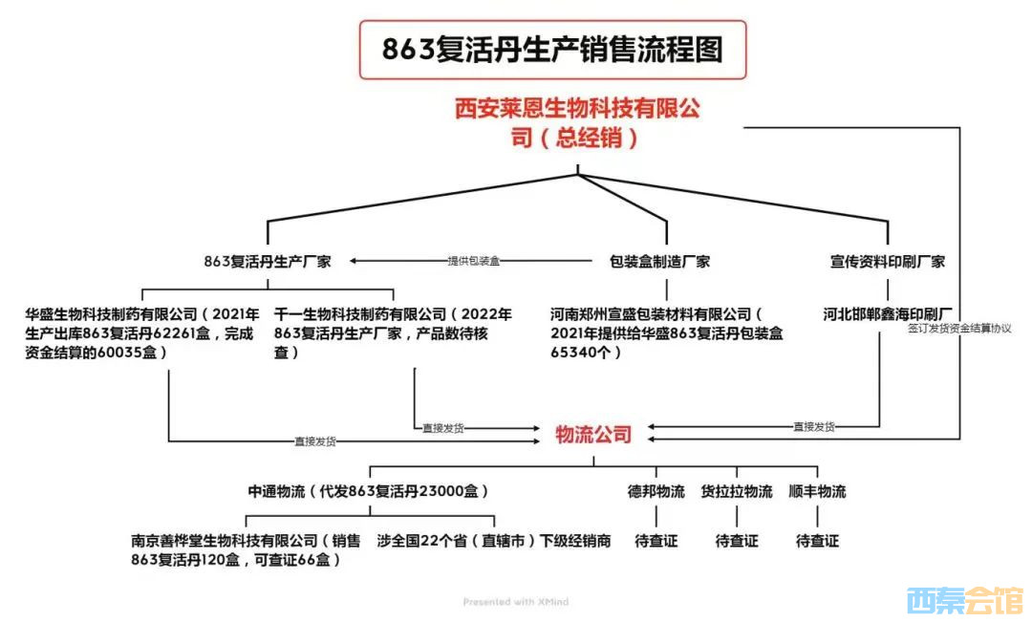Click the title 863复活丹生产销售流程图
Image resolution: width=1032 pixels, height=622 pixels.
point(552,50)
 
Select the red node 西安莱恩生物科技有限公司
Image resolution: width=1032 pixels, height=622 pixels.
point(576,122)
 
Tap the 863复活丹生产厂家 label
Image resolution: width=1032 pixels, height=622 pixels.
point(267,261)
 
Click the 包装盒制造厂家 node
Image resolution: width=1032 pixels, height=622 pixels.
point(659,261)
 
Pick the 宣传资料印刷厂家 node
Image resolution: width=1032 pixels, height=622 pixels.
point(888,261)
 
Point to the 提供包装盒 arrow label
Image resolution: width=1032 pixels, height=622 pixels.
point(474,261)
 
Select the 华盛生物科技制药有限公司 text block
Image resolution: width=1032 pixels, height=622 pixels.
point(142,332)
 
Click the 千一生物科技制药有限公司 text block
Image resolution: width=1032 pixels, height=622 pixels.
point(393,332)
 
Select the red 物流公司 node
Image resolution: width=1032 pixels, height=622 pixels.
point(593,435)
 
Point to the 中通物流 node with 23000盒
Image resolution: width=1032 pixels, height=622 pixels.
point(369,492)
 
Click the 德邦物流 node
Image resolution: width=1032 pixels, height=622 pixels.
point(656,492)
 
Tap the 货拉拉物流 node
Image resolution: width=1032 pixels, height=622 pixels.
point(737,492)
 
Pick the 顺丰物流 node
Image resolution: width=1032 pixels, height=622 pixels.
point(817,492)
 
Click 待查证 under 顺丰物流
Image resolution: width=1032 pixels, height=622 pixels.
point(817,541)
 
